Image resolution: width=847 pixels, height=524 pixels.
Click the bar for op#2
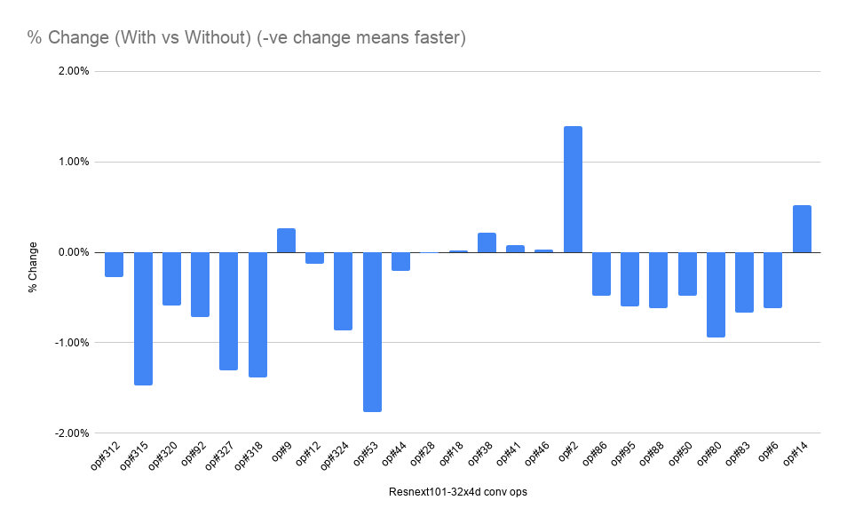573,189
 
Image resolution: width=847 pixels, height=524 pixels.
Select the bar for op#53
372,331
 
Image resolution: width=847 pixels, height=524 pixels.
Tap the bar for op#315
143,318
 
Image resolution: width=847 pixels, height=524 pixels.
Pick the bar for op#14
802,229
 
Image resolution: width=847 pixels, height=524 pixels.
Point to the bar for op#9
286,241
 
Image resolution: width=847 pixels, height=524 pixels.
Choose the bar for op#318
257,314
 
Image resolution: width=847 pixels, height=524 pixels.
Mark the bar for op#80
716,294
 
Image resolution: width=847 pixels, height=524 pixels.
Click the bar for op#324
344,290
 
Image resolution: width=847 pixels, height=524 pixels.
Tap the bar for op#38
487,242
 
